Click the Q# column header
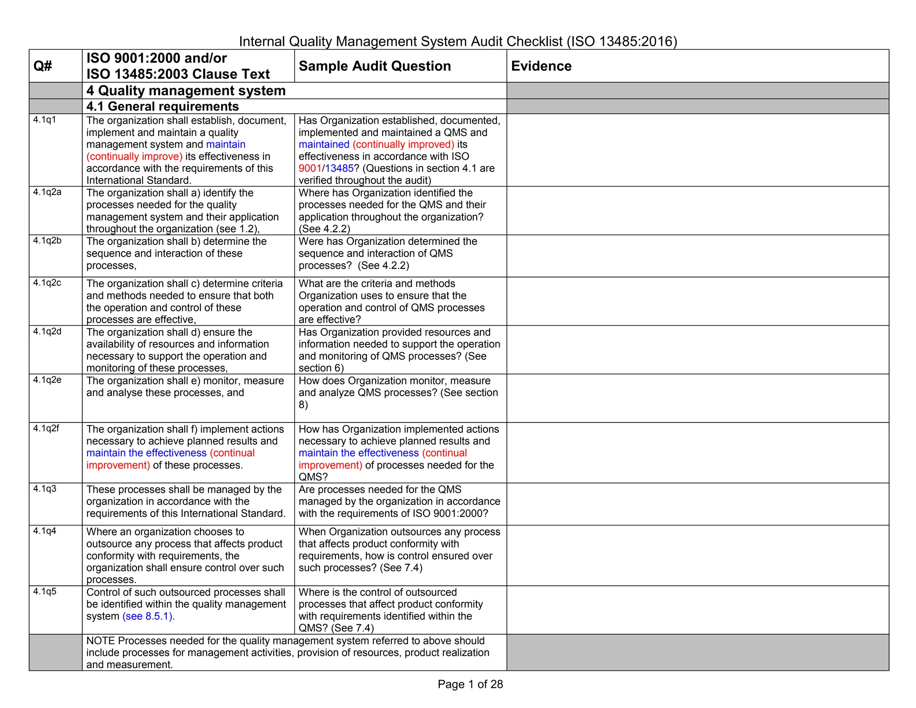[x=42, y=66]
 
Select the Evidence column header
[x=541, y=66]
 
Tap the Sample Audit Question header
[x=374, y=66]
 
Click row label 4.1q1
[x=45, y=119]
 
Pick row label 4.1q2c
[x=47, y=283]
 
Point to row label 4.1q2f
[x=46, y=428]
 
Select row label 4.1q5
[x=45, y=591]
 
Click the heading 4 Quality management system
[x=186, y=90]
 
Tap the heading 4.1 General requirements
[x=162, y=106]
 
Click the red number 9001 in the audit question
[x=310, y=168]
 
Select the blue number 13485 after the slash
[x=339, y=168]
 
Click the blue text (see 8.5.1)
[x=148, y=616]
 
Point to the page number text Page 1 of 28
[x=470, y=684]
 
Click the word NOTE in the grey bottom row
[x=101, y=641]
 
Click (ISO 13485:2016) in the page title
[x=622, y=41]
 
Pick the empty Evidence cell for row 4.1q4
[x=697, y=555]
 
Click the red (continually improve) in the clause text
[x=134, y=157]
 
